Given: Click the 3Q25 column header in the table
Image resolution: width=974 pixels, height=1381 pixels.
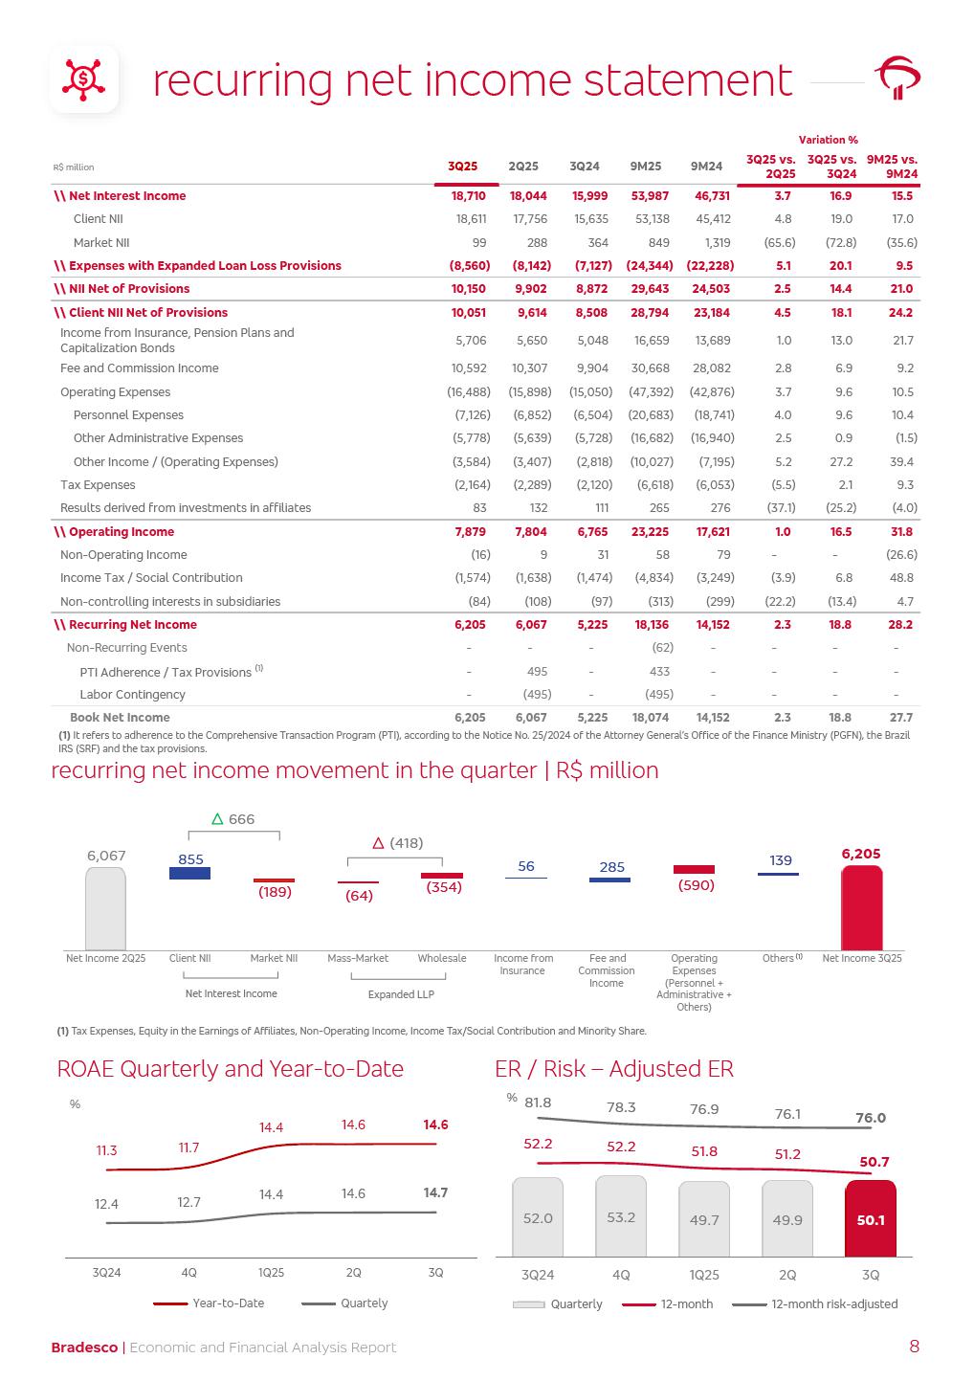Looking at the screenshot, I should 462,167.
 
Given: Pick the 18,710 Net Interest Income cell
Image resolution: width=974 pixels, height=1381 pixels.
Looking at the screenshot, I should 468,196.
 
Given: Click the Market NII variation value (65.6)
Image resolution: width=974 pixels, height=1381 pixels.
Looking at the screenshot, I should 780,243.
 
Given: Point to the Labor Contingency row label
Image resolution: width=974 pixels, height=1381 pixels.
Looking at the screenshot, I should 132,695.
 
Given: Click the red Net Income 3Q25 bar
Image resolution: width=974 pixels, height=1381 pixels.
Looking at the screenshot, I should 861,908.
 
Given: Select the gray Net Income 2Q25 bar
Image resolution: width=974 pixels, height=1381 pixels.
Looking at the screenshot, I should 105,908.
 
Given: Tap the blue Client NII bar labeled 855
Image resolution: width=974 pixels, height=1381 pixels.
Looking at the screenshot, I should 189,873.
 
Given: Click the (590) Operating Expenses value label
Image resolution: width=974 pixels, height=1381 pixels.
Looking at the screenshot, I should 696,886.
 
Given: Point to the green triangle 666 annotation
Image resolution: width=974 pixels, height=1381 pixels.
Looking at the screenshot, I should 233,820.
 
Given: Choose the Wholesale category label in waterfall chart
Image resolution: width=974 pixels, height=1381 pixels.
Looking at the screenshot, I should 442,959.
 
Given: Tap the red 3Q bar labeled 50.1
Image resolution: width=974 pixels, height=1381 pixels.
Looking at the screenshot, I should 871,1218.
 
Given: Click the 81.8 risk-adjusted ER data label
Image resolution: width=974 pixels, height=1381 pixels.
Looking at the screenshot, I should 538,1103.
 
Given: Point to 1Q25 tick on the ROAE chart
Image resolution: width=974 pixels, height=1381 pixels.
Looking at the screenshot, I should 271,1273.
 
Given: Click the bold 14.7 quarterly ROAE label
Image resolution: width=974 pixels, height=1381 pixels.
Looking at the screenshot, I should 435,1193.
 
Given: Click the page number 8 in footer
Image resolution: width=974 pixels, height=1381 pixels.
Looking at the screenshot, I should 914,1347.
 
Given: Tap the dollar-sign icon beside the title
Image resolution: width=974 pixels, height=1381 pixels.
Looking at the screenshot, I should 84,78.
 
